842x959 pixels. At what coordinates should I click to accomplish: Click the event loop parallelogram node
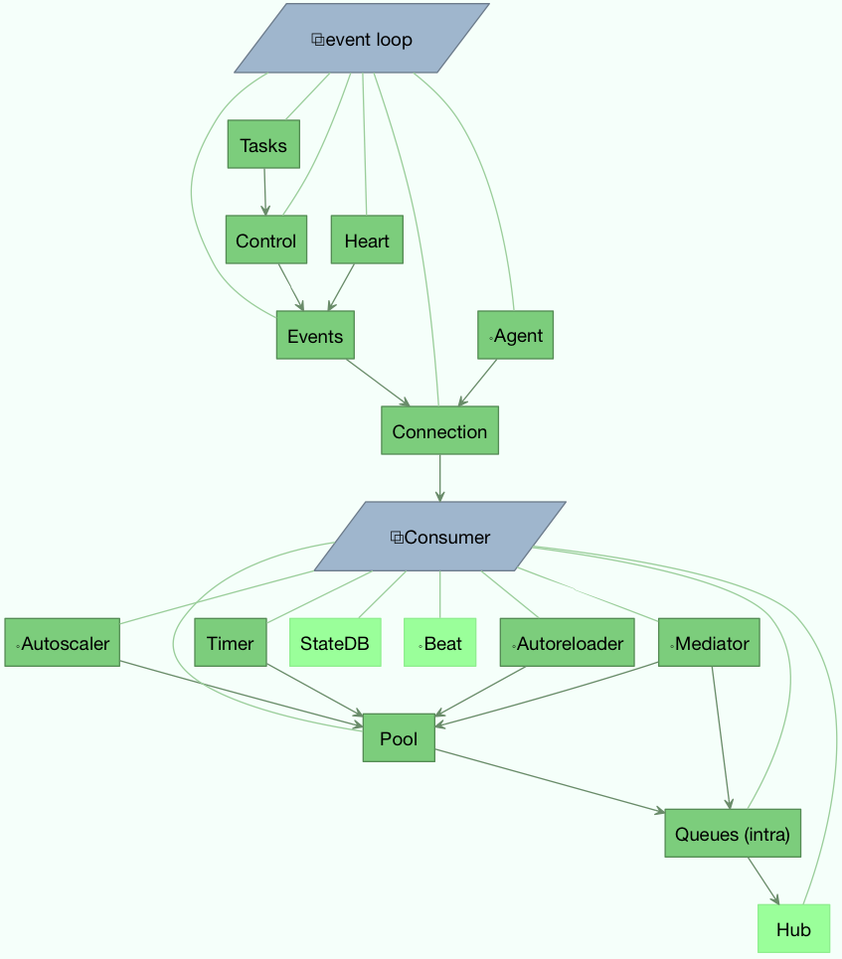(362, 39)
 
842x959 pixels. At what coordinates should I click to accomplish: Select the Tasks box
(263, 145)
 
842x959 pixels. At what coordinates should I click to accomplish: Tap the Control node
(265, 240)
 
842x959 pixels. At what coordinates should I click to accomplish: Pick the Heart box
(367, 240)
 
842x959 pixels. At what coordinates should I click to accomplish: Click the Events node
(315, 336)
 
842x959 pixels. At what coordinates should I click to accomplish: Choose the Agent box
(515, 336)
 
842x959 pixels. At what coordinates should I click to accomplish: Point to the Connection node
(439, 431)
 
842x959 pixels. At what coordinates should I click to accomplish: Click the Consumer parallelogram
(440, 537)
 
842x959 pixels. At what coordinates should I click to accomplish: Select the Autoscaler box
(63, 643)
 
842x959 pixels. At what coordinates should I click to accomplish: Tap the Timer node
(231, 643)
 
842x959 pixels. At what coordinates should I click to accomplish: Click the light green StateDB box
(335, 643)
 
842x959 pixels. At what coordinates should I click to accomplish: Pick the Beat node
(439, 643)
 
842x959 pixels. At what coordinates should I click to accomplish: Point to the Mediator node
(709, 643)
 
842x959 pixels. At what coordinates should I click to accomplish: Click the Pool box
(399, 737)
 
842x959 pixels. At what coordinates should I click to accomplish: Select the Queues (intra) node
(733, 833)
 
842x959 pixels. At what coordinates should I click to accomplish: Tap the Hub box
(793, 930)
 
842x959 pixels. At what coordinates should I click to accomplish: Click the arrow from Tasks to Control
(264, 192)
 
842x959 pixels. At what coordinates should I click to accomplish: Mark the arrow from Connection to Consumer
(439, 478)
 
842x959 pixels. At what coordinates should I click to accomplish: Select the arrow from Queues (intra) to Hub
(762, 880)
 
